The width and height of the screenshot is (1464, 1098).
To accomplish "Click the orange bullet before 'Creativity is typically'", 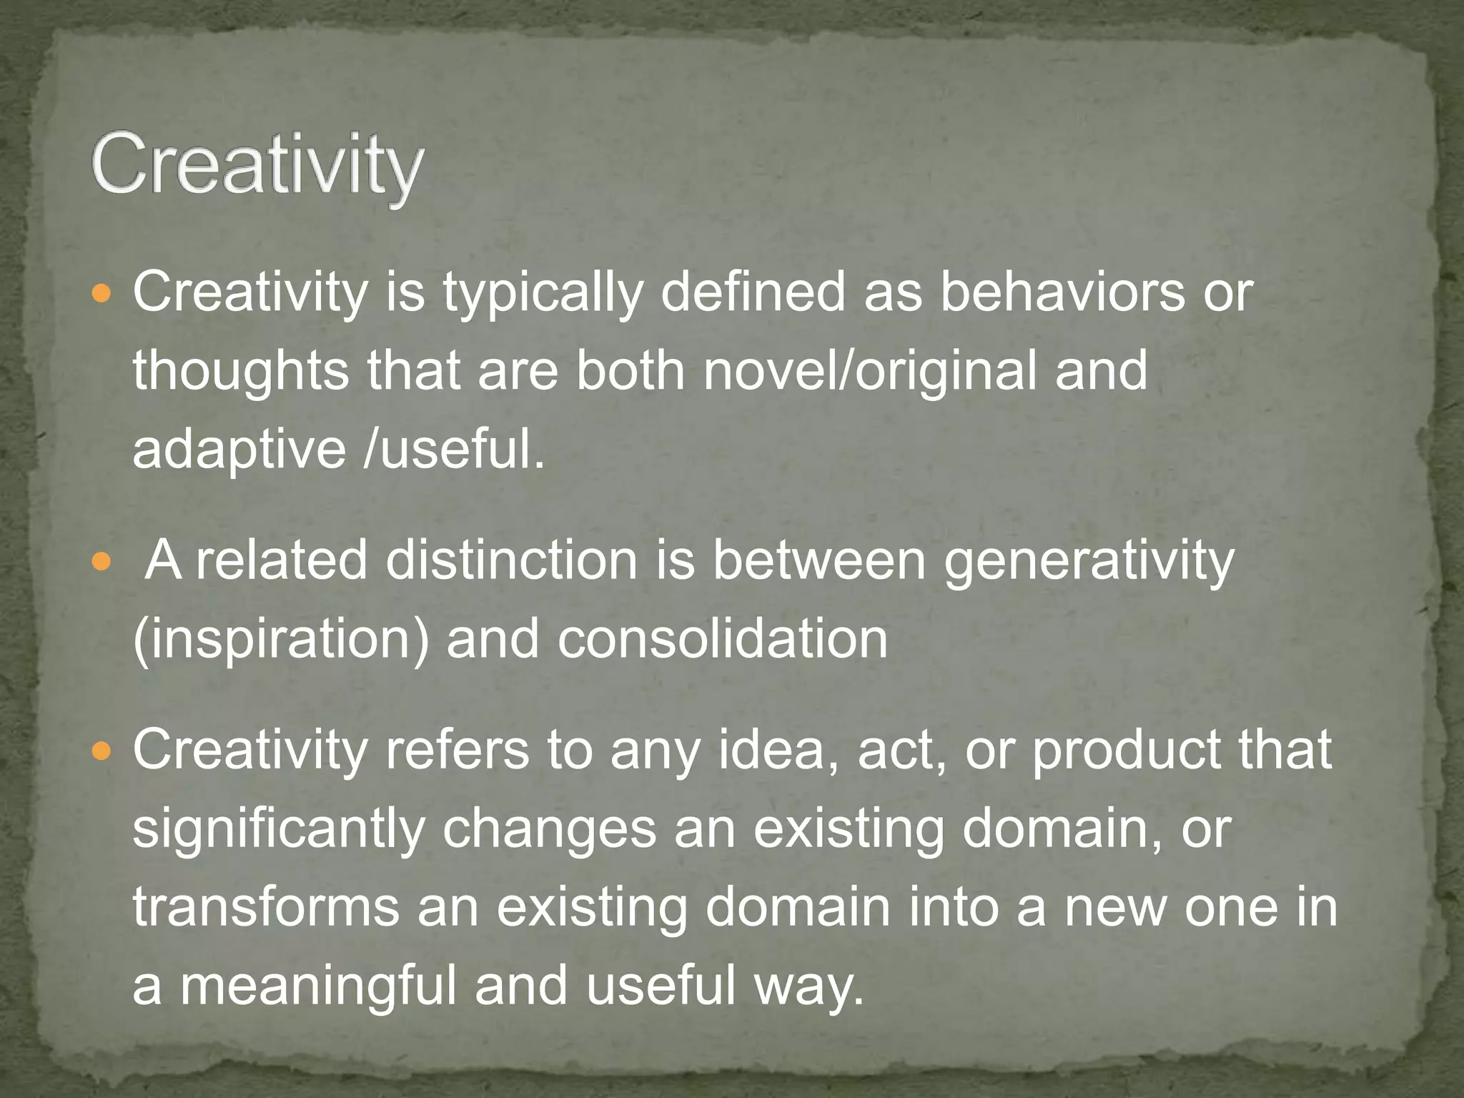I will tap(103, 294).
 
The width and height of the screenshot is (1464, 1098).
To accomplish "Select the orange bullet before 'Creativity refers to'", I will tap(103, 751).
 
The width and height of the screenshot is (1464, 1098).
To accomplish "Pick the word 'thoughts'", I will tap(241, 372).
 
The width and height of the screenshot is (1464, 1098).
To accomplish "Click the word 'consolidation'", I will tap(722, 638).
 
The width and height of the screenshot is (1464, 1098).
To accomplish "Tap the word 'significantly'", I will tap(279, 831).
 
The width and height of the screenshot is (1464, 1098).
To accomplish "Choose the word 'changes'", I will tap(549, 831).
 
